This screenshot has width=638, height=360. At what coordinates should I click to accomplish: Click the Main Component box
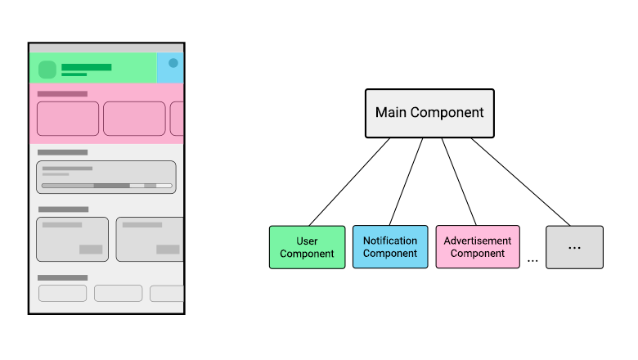pyautogui.click(x=429, y=113)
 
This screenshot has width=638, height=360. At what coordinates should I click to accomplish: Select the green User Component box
pyautogui.click(x=307, y=247)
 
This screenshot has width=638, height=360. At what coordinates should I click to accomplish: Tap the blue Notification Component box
pyautogui.click(x=390, y=247)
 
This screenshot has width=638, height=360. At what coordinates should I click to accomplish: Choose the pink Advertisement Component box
pyautogui.click(x=477, y=247)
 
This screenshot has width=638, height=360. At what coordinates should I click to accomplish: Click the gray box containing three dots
pyautogui.click(x=574, y=247)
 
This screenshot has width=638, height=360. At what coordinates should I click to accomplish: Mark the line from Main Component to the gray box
pyautogui.click(x=520, y=182)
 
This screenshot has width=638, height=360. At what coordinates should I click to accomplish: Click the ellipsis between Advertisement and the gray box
pyautogui.click(x=532, y=260)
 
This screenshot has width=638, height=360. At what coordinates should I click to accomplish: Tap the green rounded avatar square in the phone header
pyautogui.click(x=47, y=70)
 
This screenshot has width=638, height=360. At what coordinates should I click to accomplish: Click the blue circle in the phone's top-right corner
pyautogui.click(x=173, y=63)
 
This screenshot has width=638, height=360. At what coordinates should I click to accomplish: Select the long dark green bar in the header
pyautogui.click(x=87, y=67)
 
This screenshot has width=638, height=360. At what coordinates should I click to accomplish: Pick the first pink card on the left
pyautogui.click(x=67, y=119)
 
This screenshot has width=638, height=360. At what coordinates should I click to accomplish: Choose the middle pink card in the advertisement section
pyautogui.click(x=134, y=119)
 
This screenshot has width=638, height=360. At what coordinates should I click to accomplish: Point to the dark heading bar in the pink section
pyautogui.click(x=62, y=94)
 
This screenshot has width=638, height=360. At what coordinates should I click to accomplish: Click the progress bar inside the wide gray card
pyautogui.click(x=107, y=187)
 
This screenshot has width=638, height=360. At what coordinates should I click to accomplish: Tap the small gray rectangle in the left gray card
pyautogui.click(x=91, y=250)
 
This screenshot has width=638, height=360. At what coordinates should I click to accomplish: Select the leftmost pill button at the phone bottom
pyautogui.click(x=62, y=293)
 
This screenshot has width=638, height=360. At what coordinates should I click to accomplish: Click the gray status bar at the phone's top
pyautogui.click(x=106, y=47)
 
